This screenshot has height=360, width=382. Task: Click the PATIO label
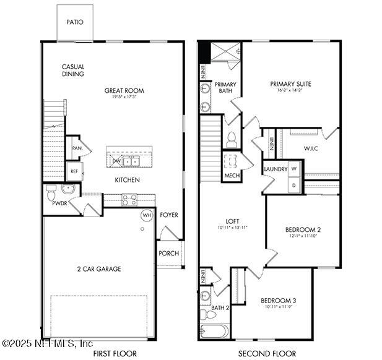75,22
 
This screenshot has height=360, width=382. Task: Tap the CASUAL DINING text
73,71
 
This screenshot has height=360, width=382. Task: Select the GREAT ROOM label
124,91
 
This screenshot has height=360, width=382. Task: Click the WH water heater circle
147,215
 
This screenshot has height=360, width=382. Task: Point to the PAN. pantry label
77,148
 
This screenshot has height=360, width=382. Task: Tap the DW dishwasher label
116,161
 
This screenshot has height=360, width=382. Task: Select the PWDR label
59,202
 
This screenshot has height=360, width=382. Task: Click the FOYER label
169,215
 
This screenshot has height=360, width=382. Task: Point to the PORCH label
168,253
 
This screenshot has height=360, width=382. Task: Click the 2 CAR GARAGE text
99,269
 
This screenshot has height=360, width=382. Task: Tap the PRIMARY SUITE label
290,84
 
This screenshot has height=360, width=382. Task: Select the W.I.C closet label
311,148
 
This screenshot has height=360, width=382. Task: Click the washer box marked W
294,169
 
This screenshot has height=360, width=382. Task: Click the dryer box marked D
294,185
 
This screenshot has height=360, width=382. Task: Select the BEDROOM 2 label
303,229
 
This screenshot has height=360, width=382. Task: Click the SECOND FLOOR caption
263,354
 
